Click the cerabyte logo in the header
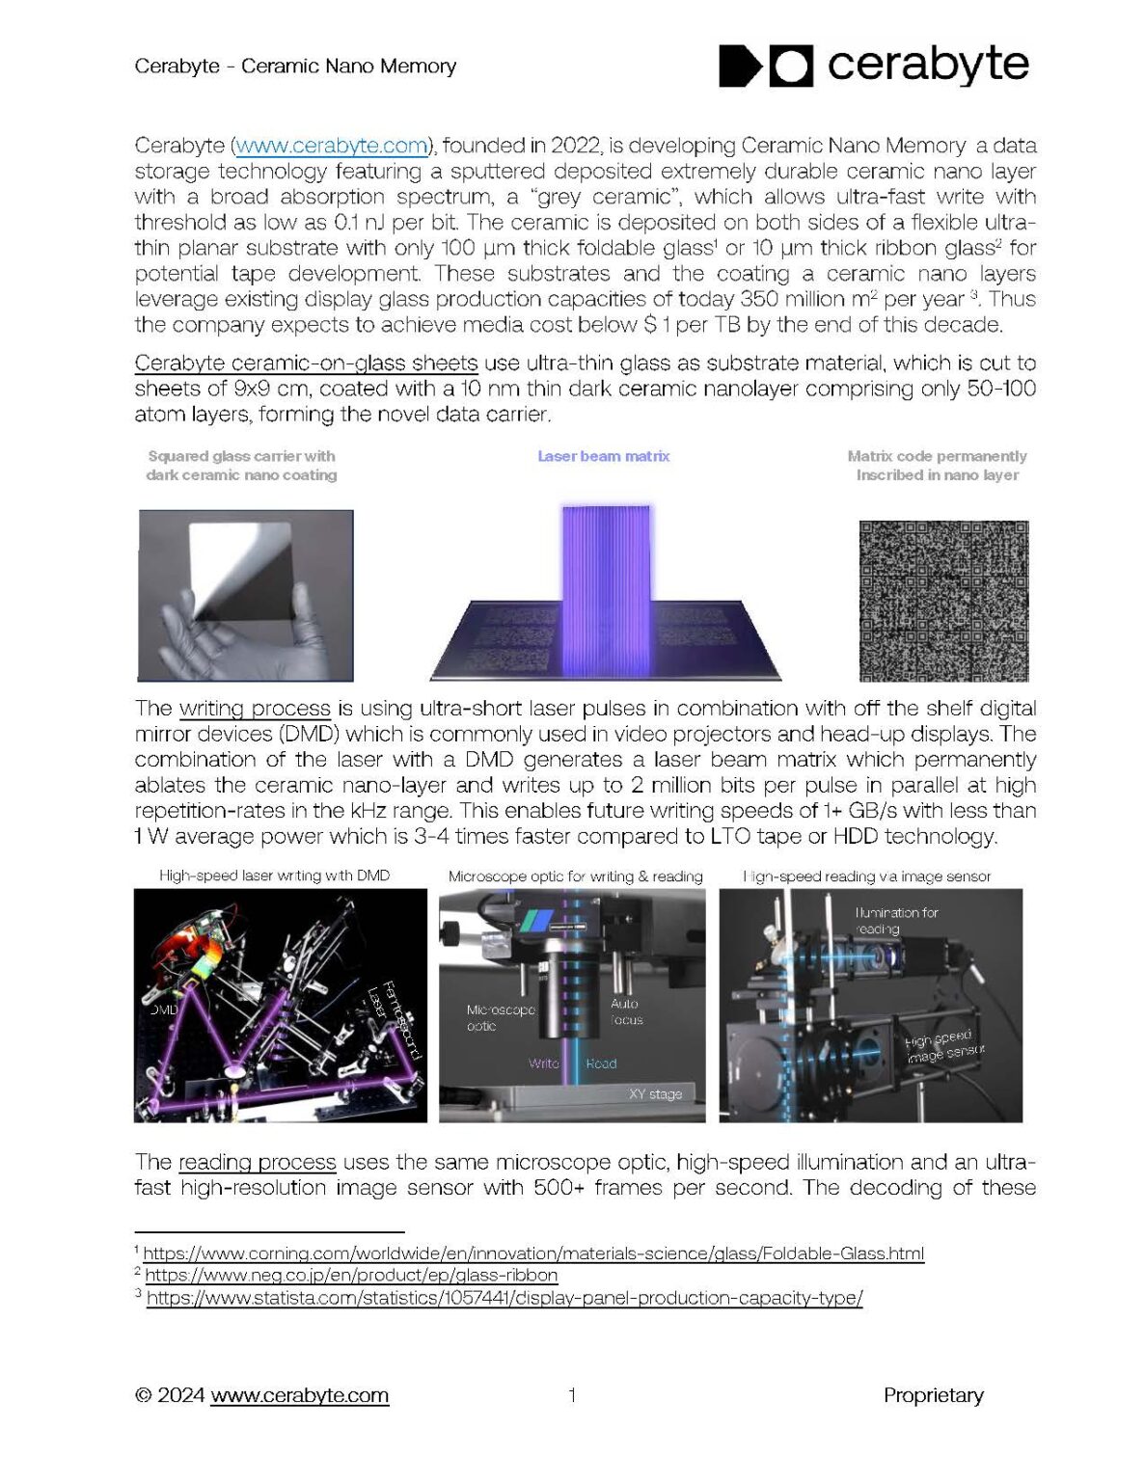[x=873, y=65]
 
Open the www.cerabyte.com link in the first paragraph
[x=332, y=146]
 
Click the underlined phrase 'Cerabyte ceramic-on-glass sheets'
[x=306, y=364]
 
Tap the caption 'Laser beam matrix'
[x=603, y=456]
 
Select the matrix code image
[x=943, y=600]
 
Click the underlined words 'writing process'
[x=255, y=709]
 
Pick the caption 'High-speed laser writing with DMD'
[x=275, y=875]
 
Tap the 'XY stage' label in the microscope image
[x=655, y=1094]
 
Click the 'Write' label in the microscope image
[x=544, y=1064]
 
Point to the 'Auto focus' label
[x=625, y=1011]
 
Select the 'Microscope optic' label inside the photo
[x=500, y=1017]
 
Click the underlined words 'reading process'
[x=257, y=1162]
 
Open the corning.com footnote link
[x=533, y=1253]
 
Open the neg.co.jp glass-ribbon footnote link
[x=351, y=1275]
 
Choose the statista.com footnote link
[x=504, y=1298]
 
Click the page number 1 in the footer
[x=572, y=1395]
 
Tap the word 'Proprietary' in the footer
[x=933, y=1395]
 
